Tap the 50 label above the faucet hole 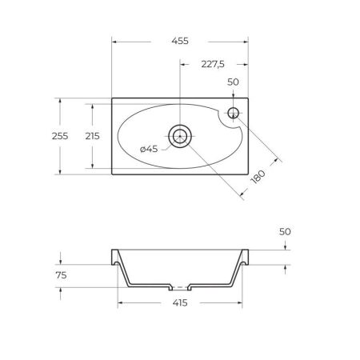coord(234,82)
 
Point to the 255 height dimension coord(70,136)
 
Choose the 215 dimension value coord(92,136)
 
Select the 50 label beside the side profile coord(286,231)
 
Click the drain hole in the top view coord(180,135)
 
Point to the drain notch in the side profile coord(181,286)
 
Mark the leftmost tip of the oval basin coord(117,135)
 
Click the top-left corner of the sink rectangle coord(111,98)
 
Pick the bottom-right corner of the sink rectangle coord(249,174)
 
